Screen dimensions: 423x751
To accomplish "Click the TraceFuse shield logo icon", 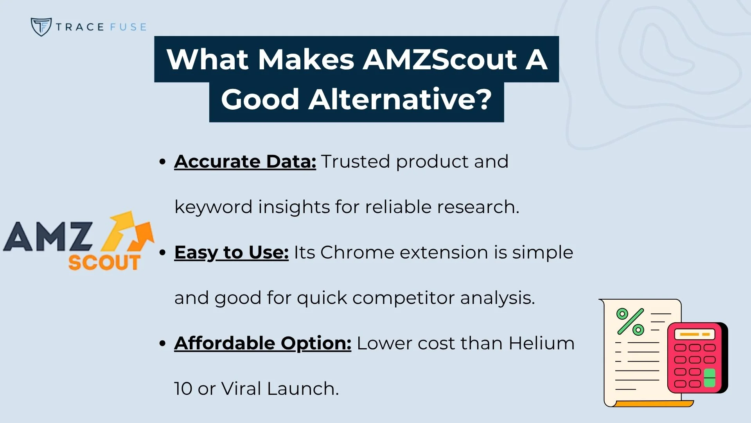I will pyautogui.click(x=41, y=27).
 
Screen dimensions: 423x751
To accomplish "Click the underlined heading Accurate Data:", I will pyautogui.click(x=245, y=161).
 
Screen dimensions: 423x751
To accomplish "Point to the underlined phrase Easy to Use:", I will pyautogui.click(x=231, y=252).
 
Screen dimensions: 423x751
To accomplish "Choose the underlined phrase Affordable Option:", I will pyautogui.click(x=262, y=343).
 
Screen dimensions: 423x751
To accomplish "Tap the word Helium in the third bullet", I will pyautogui.click(x=541, y=343).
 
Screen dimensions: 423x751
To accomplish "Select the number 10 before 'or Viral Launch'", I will pyautogui.click(x=183, y=389).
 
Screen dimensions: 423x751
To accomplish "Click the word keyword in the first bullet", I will pyautogui.click(x=214, y=207).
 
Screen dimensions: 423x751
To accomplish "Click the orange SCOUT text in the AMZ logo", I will pyautogui.click(x=104, y=262).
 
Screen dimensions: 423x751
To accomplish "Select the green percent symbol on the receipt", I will pyautogui.click(x=630, y=322).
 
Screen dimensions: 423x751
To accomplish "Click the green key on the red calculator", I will pyautogui.click(x=710, y=378).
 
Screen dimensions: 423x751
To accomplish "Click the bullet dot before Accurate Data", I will pyautogui.click(x=163, y=162).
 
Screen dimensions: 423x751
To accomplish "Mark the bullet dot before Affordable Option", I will pyautogui.click(x=163, y=343).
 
